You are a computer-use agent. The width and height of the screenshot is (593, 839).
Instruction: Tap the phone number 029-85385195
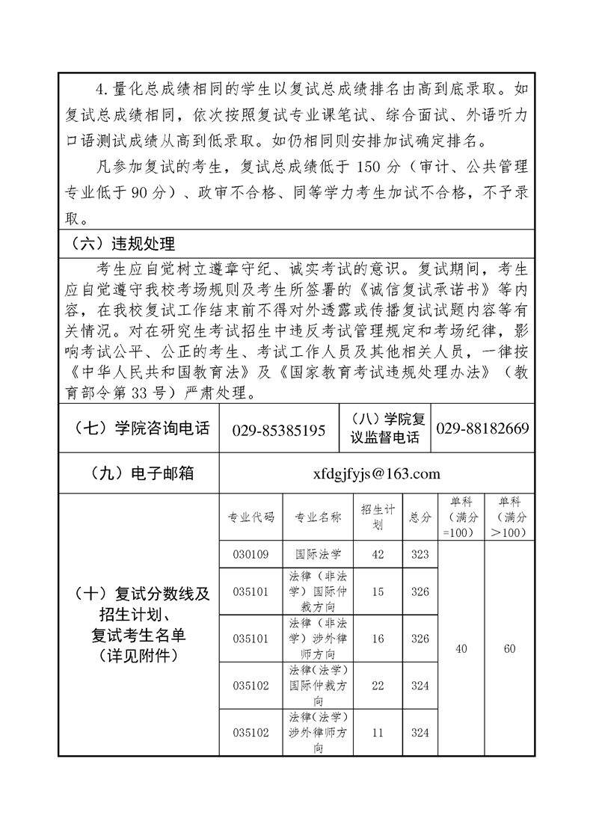point(279,430)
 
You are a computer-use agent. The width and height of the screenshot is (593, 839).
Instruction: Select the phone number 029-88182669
point(482,428)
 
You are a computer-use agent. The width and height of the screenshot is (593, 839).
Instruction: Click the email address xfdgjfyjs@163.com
point(377,473)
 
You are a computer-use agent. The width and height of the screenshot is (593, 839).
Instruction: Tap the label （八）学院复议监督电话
point(385,429)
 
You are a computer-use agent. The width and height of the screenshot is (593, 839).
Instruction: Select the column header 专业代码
point(251,517)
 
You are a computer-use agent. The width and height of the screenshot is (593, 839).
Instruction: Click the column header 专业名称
point(318,517)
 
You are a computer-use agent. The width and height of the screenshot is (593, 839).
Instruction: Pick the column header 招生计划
point(377,517)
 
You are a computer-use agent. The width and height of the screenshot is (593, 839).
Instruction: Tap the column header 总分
point(420,517)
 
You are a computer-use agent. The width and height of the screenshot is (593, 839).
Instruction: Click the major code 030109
point(251,554)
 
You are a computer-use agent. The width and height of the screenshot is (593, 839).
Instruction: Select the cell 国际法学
point(318,554)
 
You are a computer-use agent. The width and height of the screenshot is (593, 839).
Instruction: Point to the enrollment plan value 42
point(377,554)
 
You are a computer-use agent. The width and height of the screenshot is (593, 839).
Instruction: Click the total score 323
point(420,554)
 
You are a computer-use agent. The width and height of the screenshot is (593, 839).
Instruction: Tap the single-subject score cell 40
point(461,649)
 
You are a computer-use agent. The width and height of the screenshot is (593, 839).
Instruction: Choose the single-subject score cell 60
point(509,649)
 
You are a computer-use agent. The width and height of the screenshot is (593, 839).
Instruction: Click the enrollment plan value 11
point(377,733)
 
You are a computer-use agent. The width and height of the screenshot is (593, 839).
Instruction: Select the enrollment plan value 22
point(377,685)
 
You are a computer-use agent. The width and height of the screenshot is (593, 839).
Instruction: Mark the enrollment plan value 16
point(377,639)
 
